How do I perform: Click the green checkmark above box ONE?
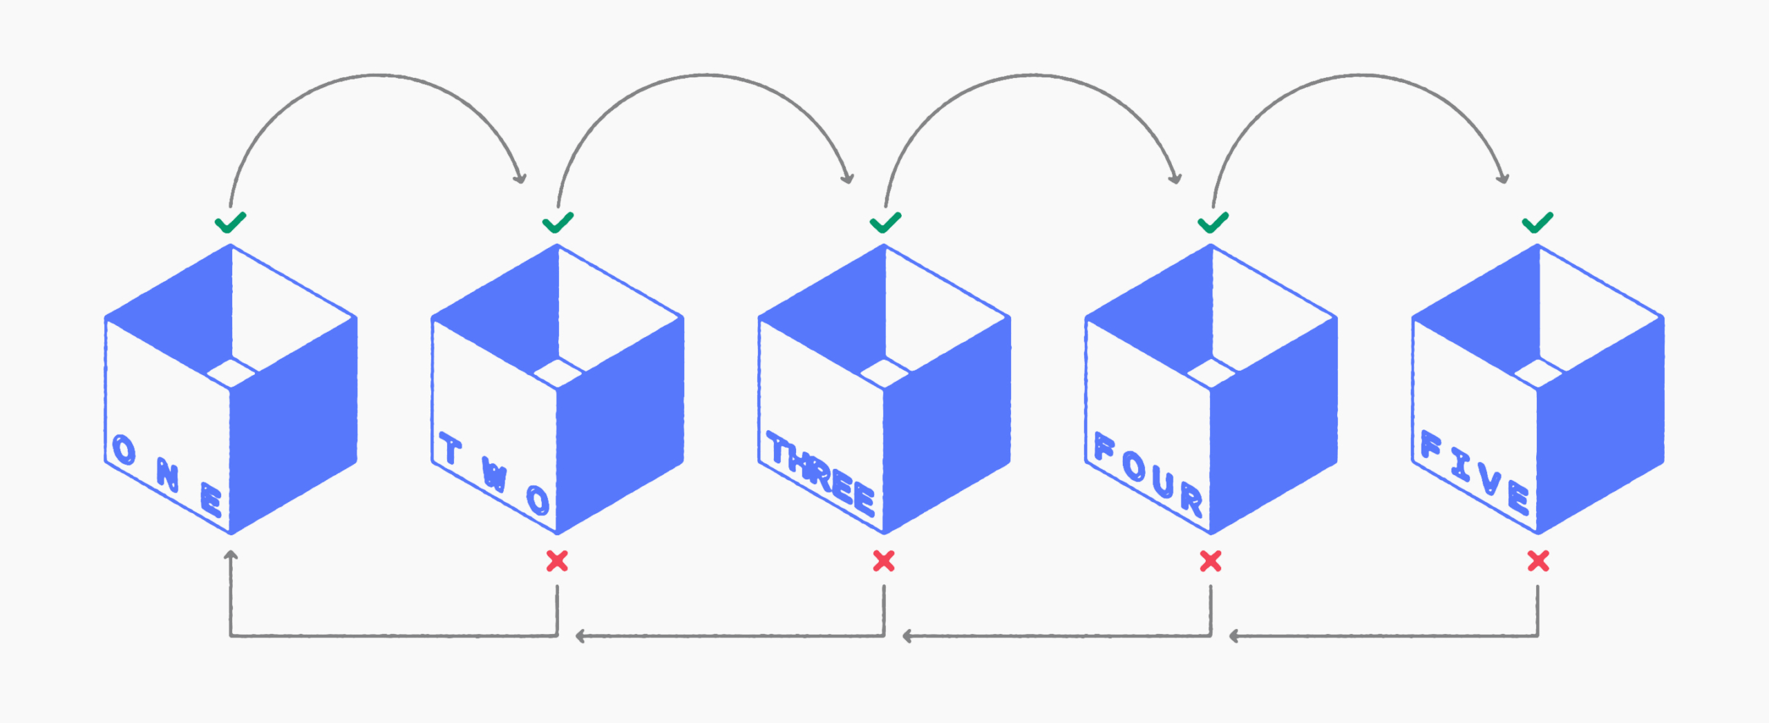pos(230,222)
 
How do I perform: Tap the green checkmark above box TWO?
pos(558,222)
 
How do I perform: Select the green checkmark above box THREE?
pos(885,222)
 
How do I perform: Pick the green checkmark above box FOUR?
pos(1213,222)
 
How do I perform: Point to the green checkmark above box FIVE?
pos(1538,222)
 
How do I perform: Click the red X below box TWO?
pos(557,561)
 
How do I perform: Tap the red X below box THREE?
pos(884,561)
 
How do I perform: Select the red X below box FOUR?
pos(1211,561)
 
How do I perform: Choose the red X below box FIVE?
pos(1538,561)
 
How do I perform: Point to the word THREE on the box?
pos(821,474)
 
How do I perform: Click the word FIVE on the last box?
pos(1475,473)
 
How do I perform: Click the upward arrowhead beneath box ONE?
pos(231,555)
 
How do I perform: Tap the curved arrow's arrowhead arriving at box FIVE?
pos(1502,177)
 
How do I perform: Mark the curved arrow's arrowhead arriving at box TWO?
pos(520,177)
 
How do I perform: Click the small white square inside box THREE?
pos(884,373)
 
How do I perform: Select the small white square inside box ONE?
pos(231,373)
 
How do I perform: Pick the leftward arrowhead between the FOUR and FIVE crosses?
pos(1234,636)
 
